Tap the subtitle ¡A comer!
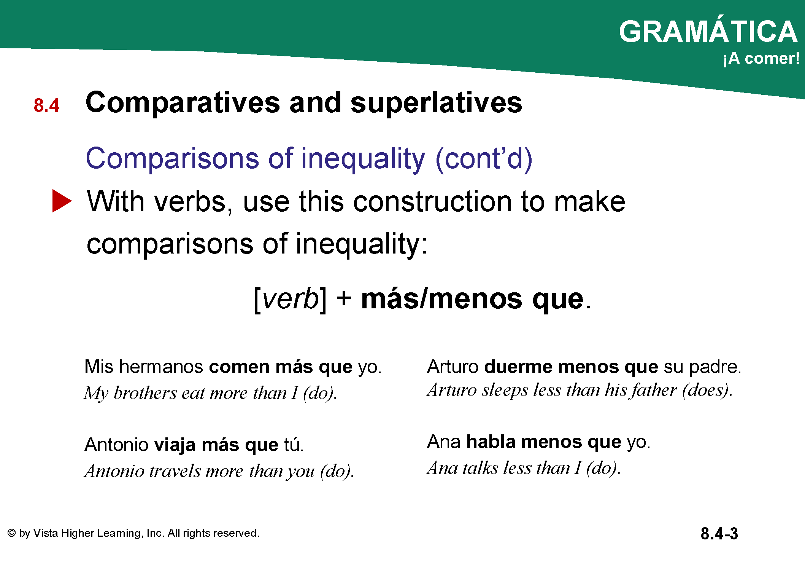[761, 59]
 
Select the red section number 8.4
[46, 105]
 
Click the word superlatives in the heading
[436, 103]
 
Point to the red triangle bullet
[62, 201]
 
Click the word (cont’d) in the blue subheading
[484, 159]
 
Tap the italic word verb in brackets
[291, 299]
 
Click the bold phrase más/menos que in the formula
[472, 299]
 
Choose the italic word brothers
[145, 393]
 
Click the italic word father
[654, 390]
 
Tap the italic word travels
[175, 471]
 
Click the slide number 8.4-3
[719, 534]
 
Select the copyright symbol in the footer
[11, 533]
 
